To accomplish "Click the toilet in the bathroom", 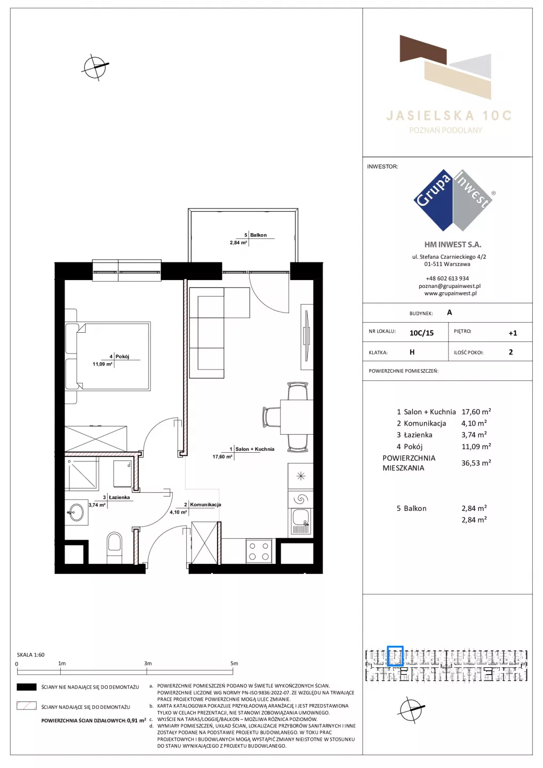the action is click(115, 548).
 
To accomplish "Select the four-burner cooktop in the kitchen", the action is click(259, 551).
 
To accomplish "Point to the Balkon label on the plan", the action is click(258, 235).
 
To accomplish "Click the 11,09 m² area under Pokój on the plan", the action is click(102, 364).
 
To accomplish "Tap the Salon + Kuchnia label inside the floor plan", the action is click(255, 449).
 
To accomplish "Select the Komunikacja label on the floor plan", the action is click(205, 505).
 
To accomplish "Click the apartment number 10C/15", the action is click(421, 333).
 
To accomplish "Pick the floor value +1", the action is click(513, 333).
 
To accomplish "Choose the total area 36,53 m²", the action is click(476, 463).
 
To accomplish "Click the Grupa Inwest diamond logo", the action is click(453, 200).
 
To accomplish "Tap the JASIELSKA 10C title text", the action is click(449, 116).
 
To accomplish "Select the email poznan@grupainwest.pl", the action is click(450, 286).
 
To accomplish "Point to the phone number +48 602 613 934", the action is click(447, 278).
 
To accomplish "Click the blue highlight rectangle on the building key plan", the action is click(395, 656).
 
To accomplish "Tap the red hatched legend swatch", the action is click(26, 706).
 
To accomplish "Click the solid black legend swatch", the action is click(26, 687).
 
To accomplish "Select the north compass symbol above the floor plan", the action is click(95, 67).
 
